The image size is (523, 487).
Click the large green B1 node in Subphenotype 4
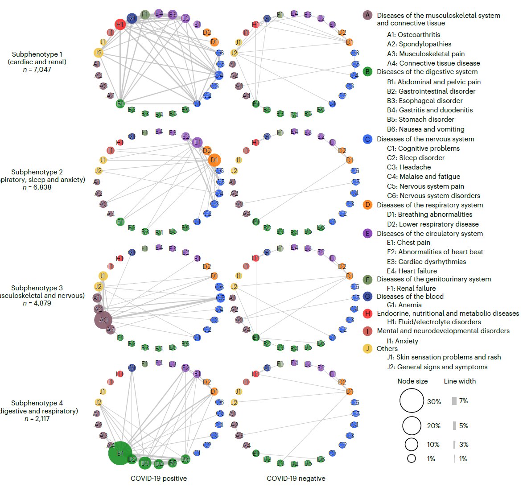[x=120, y=453]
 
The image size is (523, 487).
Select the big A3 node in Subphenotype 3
[x=103, y=320]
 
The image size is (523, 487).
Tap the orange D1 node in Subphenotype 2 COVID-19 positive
[x=214, y=160]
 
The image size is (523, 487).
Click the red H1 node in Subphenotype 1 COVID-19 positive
[x=120, y=24]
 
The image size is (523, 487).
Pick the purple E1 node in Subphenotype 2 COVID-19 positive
[x=197, y=143]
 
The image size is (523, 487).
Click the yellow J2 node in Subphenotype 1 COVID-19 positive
[x=99, y=53]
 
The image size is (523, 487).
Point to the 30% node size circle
[x=411, y=400]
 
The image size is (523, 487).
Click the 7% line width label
[x=463, y=401]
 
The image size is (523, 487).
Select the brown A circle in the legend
[x=367, y=16]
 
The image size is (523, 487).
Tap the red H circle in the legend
[x=367, y=314]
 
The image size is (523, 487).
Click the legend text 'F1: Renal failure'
[x=411, y=288]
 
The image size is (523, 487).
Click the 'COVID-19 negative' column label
[x=296, y=479]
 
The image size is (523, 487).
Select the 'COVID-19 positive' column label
[x=159, y=479]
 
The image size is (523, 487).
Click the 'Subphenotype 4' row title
[x=37, y=403]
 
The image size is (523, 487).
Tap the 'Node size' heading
[x=412, y=381]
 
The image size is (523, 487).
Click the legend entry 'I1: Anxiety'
[x=403, y=341]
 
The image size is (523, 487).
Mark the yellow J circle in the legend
[x=367, y=349]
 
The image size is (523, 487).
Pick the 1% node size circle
[x=411, y=458]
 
